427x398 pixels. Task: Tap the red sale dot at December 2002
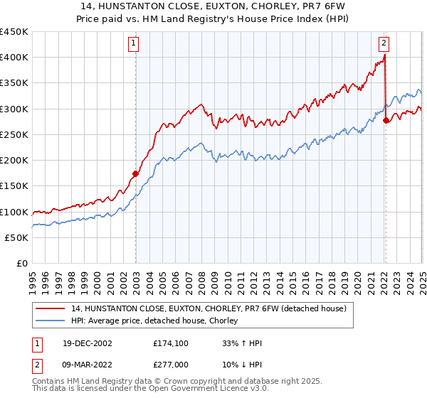tap(135, 173)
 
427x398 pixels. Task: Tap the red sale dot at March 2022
tap(386, 120)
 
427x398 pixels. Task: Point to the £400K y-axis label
tap(14, 58)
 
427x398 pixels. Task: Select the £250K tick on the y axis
tap(14, 135)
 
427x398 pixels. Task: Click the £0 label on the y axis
tap(21, 264)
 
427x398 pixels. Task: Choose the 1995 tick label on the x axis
tap(33, 279)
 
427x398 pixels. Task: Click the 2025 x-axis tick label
tap(422, 279)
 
